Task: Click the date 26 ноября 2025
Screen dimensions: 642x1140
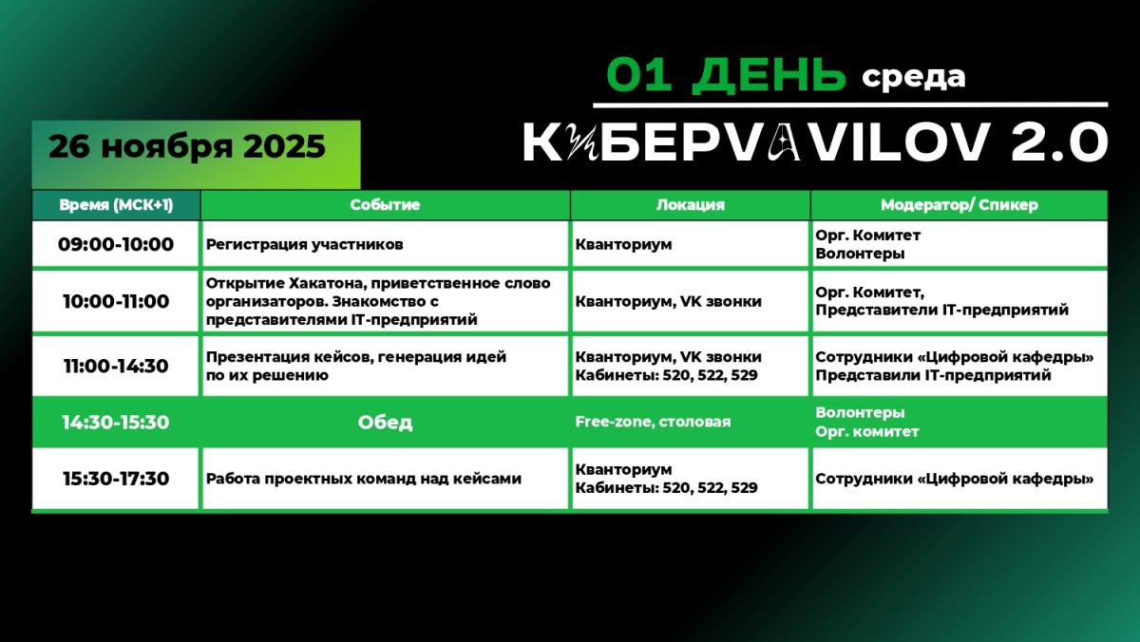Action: [x=187, y=147]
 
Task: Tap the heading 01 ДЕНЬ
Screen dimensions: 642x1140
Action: [x=726, y=75]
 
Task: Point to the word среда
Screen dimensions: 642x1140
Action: [x=914, y=77]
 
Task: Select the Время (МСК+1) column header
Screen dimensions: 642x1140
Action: [x=116, y=205]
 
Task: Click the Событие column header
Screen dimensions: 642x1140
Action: [x=385, y=205]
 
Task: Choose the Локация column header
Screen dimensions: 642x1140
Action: [x=690, y=205]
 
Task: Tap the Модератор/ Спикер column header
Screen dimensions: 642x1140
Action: [x=959, y=205]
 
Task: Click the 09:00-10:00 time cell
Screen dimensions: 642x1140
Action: [x=116, y=245]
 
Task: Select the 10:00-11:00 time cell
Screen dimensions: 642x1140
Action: [x=116, y=302]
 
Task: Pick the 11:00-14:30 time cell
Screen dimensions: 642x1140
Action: [x=116, y=366]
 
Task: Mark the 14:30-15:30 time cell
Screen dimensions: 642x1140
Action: [x=116, y=423]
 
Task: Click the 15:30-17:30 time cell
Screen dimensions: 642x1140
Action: [x=116, y=479]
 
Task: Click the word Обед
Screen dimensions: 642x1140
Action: [x=385, y=423]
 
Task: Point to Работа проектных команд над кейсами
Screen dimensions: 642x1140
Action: [x=364, y=479]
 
